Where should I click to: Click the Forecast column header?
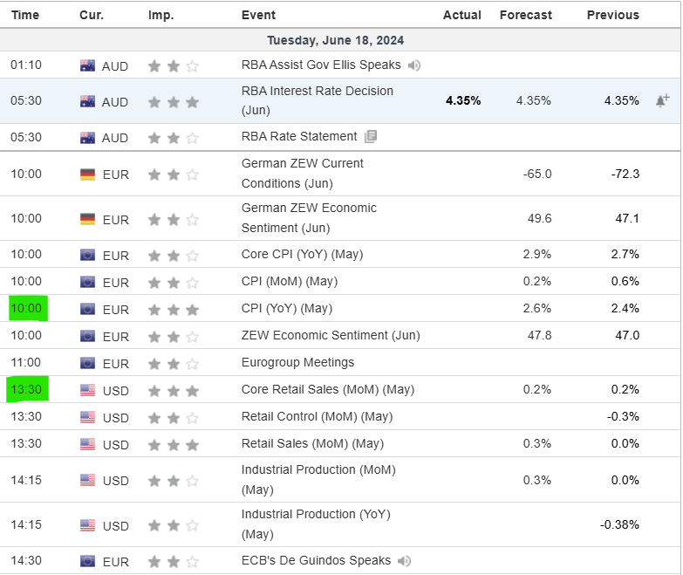[525, 15]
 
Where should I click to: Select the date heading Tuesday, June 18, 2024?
[335, 40]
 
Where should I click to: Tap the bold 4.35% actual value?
[463, 100]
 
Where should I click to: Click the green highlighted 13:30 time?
[26, 389]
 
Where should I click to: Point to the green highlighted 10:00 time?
[26, 308]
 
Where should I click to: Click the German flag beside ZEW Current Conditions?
[87, 174]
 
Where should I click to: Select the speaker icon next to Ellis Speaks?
[414, 65]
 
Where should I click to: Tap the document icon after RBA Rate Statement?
[371, 136]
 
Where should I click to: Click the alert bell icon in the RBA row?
[662, 100]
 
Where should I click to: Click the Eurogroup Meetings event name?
[297, 362]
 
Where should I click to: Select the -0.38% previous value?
[620, 524]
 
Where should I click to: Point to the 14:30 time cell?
[26, 560]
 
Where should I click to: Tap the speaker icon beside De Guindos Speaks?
[404, 561]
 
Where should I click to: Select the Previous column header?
[612, 15]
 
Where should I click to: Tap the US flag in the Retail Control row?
[87, 417]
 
